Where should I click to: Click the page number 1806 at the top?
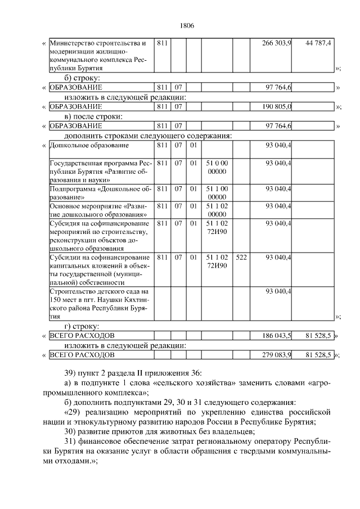pos(186,26)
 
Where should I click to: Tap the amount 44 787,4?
pos(319,43)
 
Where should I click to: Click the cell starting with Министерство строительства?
pos(99,55)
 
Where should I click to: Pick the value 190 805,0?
pos(277,106)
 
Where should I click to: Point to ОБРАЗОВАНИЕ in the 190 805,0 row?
pos(76,106)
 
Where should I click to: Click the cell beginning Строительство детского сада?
pos(99,304)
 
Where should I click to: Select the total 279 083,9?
pos(277,355)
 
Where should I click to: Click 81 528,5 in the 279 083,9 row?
pos(319,355)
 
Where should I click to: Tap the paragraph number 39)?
pos(71,373)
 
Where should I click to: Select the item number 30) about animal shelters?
pos(71,431)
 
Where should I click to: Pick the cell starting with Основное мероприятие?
pos(99,210)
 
